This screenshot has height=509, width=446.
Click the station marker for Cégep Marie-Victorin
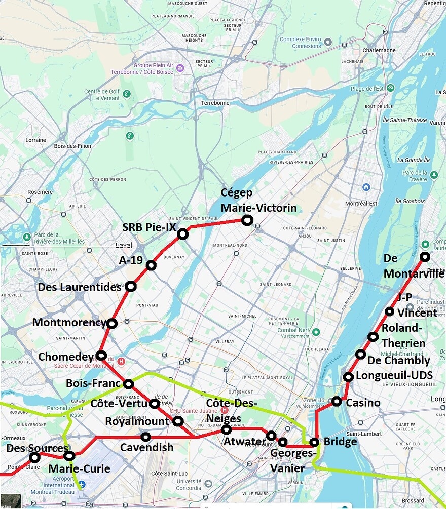coord(247,220)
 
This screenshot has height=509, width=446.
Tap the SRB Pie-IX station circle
coord(182,234)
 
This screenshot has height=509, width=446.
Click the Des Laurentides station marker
coord(131,287)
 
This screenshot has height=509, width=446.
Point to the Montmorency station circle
coord(112,323)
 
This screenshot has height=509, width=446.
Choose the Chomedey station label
coord(66,357)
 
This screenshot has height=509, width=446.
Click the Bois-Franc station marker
coord(128,383)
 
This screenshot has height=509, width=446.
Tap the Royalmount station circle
coord(178,421)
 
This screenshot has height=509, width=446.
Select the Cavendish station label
coord(146,448)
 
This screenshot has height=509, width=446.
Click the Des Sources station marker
coord(34,457)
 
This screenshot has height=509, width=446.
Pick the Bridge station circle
coord(314,442)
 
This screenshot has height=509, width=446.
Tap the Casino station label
coord(363,403)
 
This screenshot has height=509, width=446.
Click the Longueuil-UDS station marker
coord(348,376)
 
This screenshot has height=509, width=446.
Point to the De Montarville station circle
coord(425,256)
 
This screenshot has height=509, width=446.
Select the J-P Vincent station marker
coord(389,311)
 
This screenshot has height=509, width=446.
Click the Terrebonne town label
coord(215,103)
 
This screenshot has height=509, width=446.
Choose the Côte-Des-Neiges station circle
coord(227,429)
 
